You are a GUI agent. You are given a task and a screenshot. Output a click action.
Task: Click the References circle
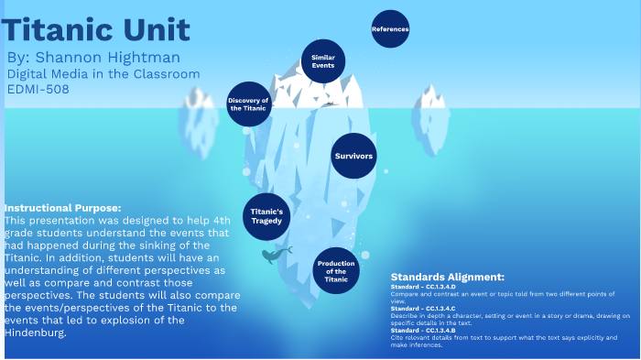[390, 29]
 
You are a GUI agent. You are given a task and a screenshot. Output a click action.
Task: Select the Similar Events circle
[322, 61]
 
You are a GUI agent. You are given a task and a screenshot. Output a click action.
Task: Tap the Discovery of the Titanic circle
[248, 104]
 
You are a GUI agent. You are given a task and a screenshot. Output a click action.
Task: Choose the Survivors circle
[353, 156]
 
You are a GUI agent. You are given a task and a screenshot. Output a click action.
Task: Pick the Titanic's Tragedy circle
[266, 216]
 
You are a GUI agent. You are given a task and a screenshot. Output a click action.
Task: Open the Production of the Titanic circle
[336, 270]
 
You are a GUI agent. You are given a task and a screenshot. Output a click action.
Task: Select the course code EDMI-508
[38, 89]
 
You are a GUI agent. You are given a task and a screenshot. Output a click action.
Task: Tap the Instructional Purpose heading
[62, 208]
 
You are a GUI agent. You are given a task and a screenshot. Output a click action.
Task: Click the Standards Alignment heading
[447, 277]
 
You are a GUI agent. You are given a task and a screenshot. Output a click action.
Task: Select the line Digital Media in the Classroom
[103, 74]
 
